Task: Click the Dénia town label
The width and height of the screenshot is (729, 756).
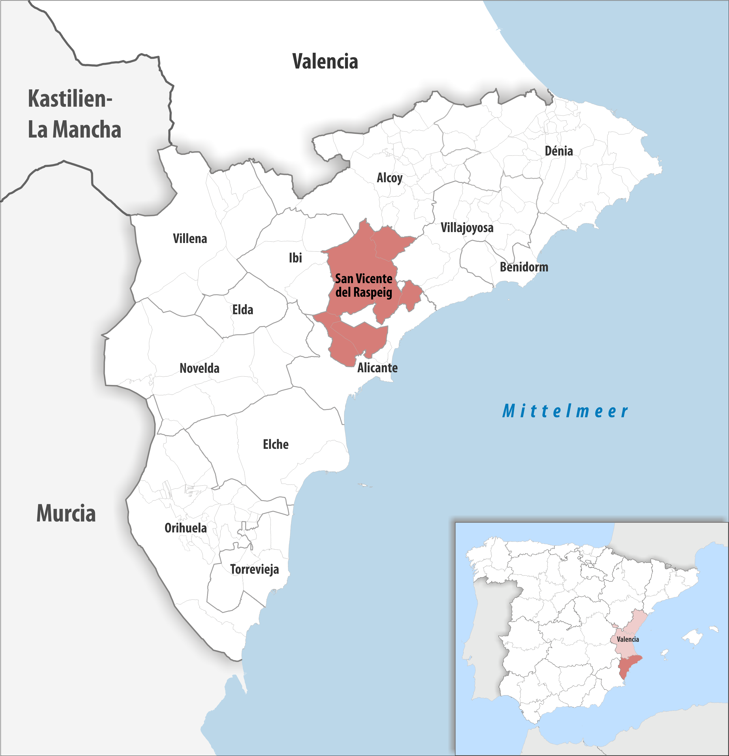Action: coord(558,151)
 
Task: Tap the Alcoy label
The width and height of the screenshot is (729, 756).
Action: coord(389,178)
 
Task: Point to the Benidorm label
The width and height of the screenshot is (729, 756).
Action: coord(524,267)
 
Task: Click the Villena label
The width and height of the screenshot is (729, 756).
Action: coord(190,239)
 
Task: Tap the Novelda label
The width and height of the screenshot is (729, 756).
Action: coord(200,368)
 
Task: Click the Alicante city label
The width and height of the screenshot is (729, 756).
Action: coord(377,368)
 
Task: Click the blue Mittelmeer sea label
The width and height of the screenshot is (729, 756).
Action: coord(565,411)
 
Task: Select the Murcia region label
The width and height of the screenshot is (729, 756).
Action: coord(66,513)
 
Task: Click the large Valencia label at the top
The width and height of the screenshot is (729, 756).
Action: coord(325,62)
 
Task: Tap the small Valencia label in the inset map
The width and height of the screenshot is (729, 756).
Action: coord(628,639)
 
